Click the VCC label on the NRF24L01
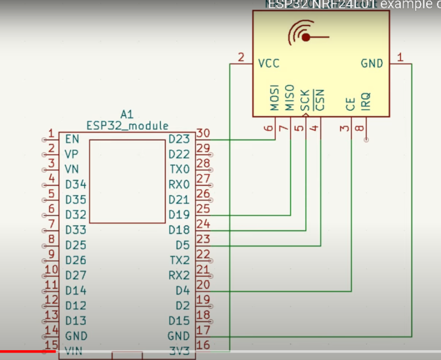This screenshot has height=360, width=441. (x=269, y=63)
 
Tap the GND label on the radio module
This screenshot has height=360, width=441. (x=372, y=63)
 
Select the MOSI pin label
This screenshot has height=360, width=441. (x=275, y=98)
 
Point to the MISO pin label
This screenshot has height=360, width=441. (x=290, y=98)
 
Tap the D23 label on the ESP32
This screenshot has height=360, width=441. (x=179, y=140)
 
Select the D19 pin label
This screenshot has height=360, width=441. (x=179, y=215)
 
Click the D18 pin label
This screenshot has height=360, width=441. (x=179, y=230)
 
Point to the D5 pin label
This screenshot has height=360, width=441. (x=182, y=245)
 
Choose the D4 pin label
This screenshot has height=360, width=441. (x=182, y=291)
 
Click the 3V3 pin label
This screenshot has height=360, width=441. (x=179, y=350)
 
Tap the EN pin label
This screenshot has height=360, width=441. (x=72, y=140)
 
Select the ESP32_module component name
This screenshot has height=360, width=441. (x=127, y=126)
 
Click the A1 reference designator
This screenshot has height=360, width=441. (x=127, y=114)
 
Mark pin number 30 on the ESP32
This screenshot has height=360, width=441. (x=203, y=133)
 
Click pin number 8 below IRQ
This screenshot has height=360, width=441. (x=359, y=129)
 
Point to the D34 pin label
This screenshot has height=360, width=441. (x=76, y=185)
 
